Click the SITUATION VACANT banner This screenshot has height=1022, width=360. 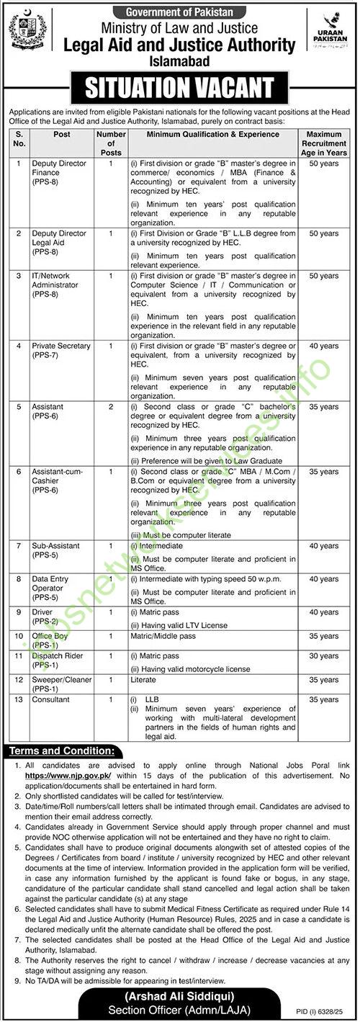pyautogui.click(x=179, y=88)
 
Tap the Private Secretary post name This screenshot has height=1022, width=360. pyautogui.click(x=61, y=346)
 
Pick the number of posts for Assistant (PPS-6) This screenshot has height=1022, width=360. pyautogui.click(x=111, y=407)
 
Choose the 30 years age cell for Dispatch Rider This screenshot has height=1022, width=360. pyautogui.click(x=328, y=656)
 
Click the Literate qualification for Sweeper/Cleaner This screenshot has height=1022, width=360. pyautogui.click(x=142, y=679)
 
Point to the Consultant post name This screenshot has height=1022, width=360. pyautogui.click(x=51, y=699)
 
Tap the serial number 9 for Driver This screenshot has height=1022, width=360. pyautogui.click(x=19, y=611)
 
